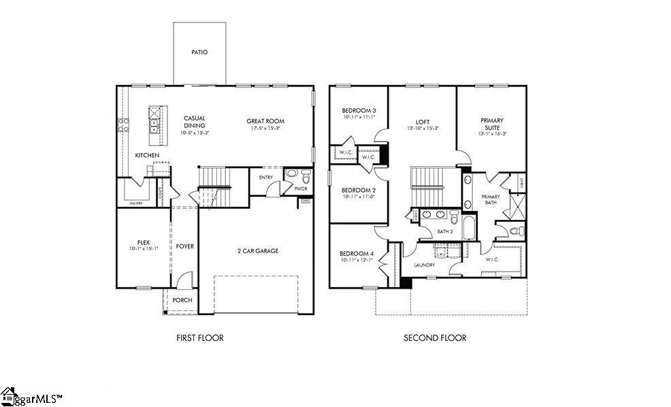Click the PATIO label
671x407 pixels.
click(x=199, y=52)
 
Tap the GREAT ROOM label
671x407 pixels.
click(x=265, y=121)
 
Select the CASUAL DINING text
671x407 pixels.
click(x=194, y=122)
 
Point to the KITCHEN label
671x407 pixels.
click(x=147, y=155)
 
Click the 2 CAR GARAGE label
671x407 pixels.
click(x=257, y=251)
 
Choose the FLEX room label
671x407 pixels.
click(x=143, y=242)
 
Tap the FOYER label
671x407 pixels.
click(x=184, y=246)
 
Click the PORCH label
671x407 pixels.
click(x=182, y=300)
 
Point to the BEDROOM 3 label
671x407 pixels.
click(x=359, y=110)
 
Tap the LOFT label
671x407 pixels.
click(x=423, y=122)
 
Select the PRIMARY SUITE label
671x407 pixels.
click(x=491, y=125)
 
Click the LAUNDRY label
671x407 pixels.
click(x=425, y=265)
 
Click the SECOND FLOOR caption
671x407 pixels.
click(x=435, y=338)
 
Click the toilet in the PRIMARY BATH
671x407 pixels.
click(x=517, y=231)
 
